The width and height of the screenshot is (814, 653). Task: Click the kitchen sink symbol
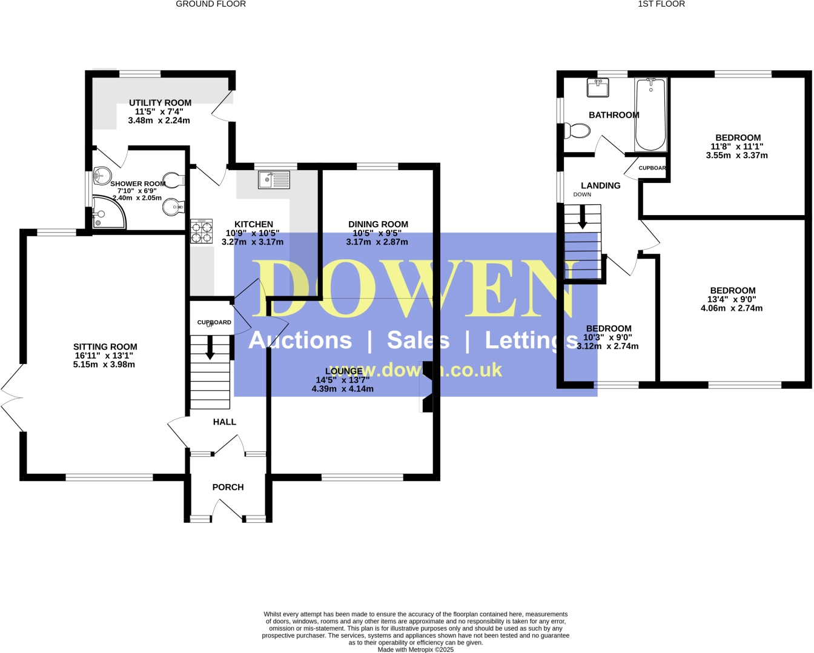pyautogui.click(x=274, y=180)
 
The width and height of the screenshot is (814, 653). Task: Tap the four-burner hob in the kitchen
pyautogui.click(x=201, y=231)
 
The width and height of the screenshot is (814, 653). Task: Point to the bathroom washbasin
pyautogui.click(x=598, y=88)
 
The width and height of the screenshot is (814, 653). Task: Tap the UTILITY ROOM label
pyautogui.click(x=160, y=103)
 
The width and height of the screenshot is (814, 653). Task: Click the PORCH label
pyautogui.click(x=228, y=487)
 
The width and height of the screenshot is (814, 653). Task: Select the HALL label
pyautogui.click(x=224, y=422)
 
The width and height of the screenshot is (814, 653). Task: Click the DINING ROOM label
pyautogui.click(x=378, y=224)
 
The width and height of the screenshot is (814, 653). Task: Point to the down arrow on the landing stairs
pyautogui.click(x=583, y=218)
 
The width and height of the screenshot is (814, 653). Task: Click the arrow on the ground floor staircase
pyautogui.click(x=210, y=349)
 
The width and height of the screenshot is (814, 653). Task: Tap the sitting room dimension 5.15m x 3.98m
pyautogui.click(x=104, y=365)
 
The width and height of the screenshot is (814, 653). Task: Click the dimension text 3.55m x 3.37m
pyautogui.click(x=736, y=155)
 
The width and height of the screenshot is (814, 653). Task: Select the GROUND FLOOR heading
pyautogui.click(x=211, y=4)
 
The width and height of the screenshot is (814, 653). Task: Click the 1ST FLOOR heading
pyautogui.click(x=661, y=4)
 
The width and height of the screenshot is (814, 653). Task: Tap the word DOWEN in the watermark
pyautogui.click(x=412, y=290)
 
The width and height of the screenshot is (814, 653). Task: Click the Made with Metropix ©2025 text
pyautogui.click(x=415, y=649)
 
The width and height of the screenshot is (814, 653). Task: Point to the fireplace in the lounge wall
pyautogui.click(x=427, y=387)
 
